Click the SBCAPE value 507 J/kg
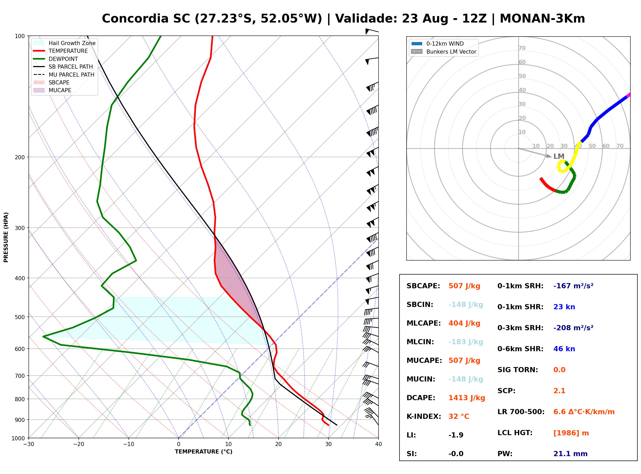point(464,286)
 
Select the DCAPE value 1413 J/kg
point(467,398)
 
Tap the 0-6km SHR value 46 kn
point(564,349)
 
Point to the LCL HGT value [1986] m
point(571,433)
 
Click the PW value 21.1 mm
point(571,454)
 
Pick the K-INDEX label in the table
point(424,416)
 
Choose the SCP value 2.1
point(559,391)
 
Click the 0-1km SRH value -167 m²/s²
point(573,286)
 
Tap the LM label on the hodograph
point(559,156)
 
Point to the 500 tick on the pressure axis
point(20,317)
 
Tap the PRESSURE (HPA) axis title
point(6,237)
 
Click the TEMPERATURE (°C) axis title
point(204,452)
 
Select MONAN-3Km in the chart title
point(542,19)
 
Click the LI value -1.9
point(456,435)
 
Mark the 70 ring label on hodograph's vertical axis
point(522,48)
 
